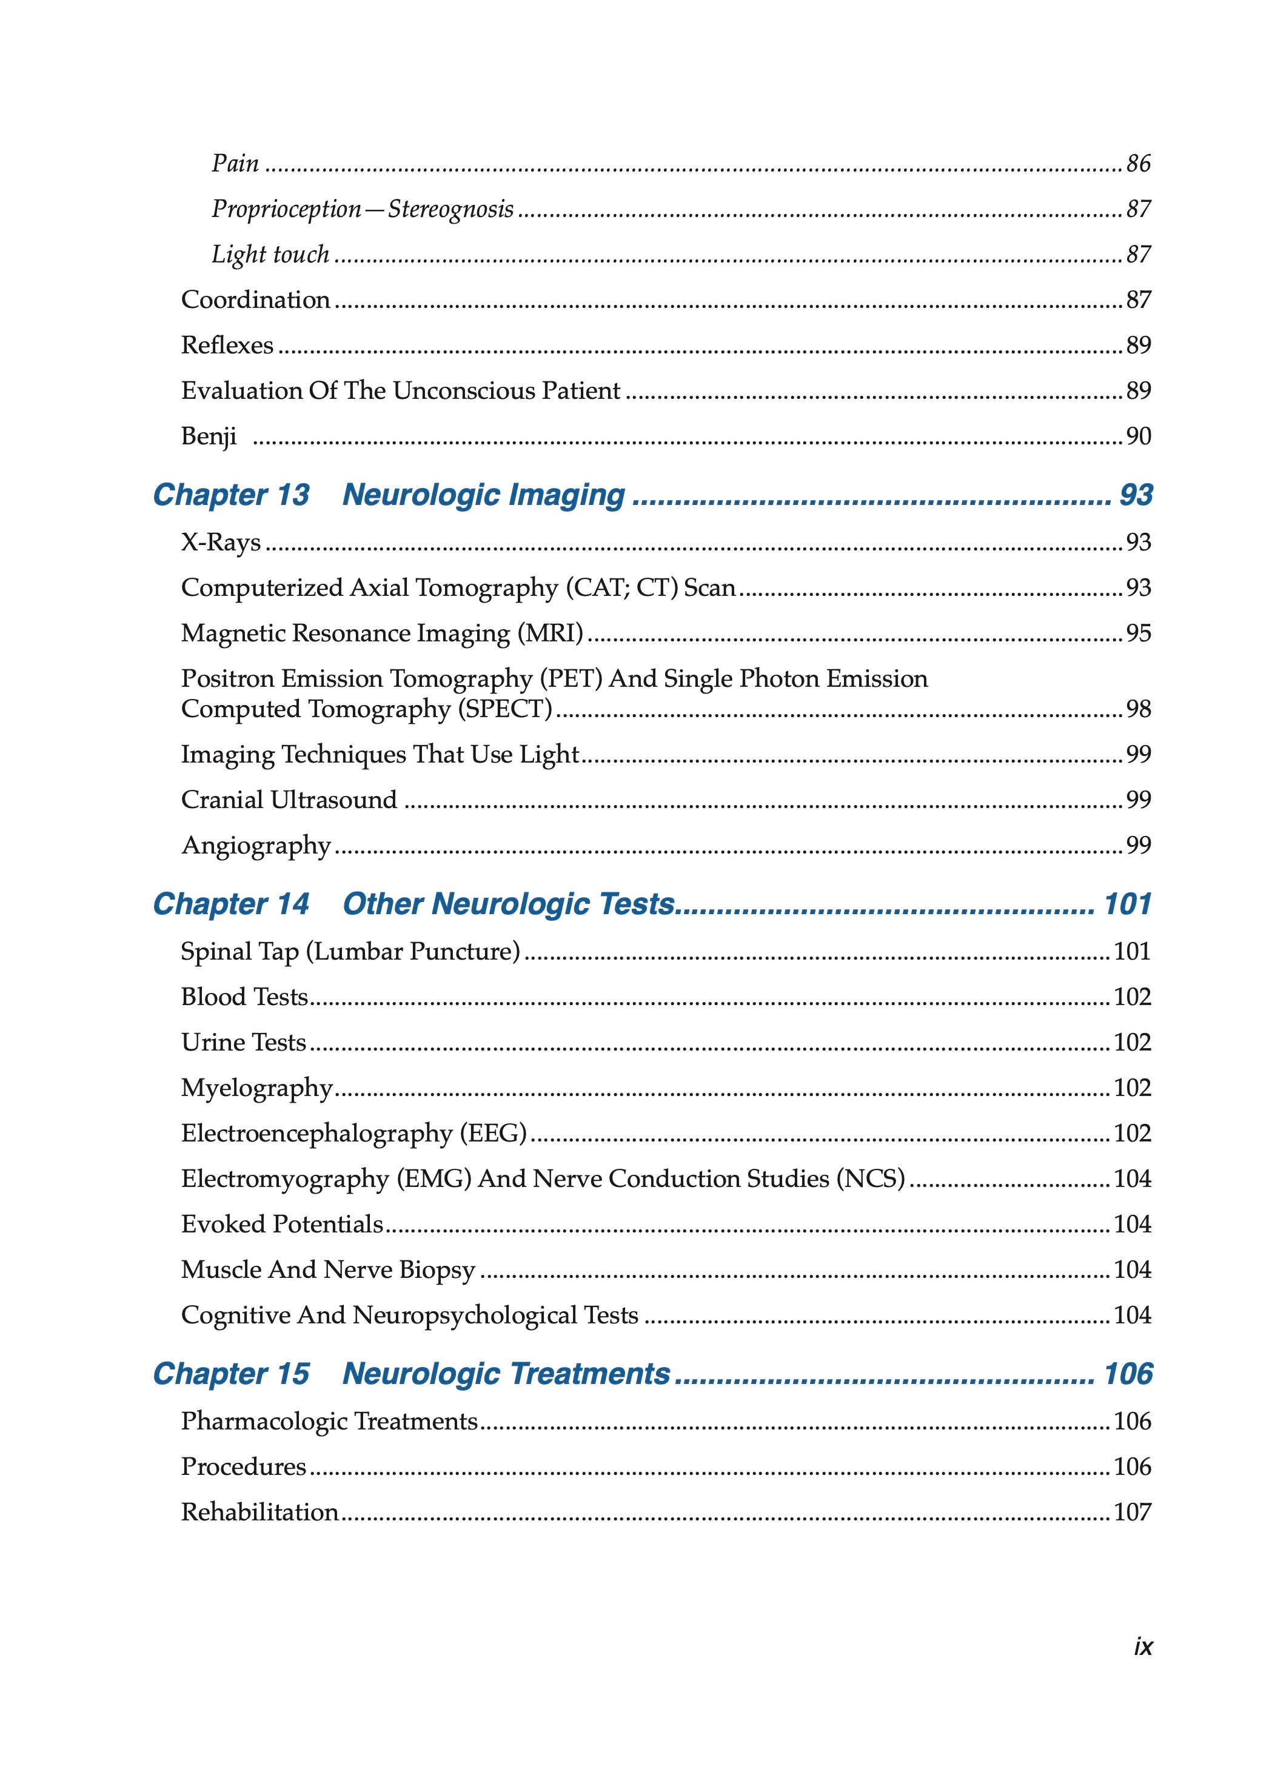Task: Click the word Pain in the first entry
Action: (x=235, y=164)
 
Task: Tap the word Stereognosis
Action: (x=451, y=209)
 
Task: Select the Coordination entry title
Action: (x=255, y=300)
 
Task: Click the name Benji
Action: (x=209, y=436)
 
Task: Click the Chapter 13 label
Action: (x=231, y=495)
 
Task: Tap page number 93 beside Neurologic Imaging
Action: (x=1135, y=495)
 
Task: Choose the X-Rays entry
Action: (x=220, y=542)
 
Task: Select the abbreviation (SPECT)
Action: (x=508, y=709)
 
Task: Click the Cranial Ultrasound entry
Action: (x=289, y=800)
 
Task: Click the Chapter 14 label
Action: (x=231, y=904)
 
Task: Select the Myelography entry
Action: (x=257, y=1088)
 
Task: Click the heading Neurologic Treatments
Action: (x=506, y=1374)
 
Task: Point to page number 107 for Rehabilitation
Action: (x=1132, y=1512)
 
